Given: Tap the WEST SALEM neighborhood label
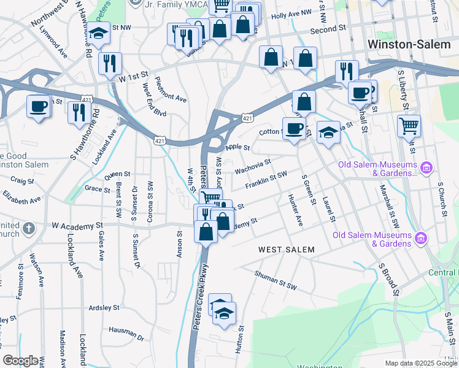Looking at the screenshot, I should click(x=286, y=250).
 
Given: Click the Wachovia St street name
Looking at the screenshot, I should click(x=252, y=166).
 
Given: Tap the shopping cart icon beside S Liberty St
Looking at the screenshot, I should click(x=409, y=126).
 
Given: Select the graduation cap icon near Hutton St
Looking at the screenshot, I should click(x=225, y=313).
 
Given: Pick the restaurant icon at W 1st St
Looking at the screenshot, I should click(x=110, y=63).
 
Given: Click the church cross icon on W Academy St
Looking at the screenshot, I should click(x=28, y=229).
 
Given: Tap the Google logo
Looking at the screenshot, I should click(x=20, y=361).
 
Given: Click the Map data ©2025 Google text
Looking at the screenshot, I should click(x=421, y=363).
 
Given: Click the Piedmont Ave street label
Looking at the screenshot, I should click(x=171, y=90).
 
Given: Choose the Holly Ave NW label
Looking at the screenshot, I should click(x=291, y=13).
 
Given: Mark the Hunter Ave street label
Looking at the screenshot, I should click(x=296, y=210).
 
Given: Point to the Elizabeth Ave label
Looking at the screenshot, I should click(x=21, y=198).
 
